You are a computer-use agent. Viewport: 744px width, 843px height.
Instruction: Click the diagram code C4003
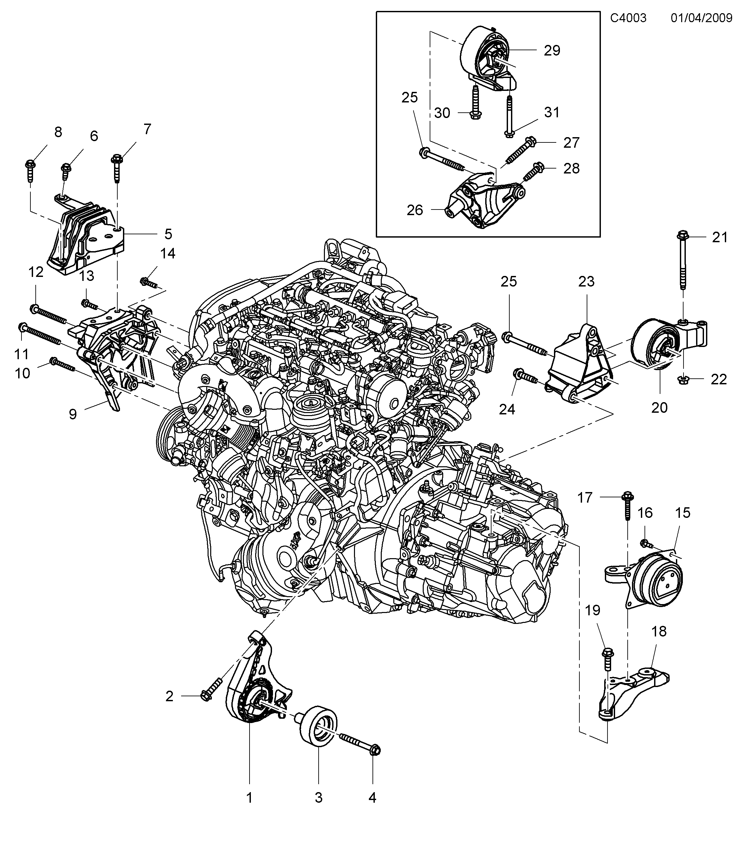click(x=628, y=18)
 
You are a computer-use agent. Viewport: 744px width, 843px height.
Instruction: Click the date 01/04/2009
click(x=701, y=18)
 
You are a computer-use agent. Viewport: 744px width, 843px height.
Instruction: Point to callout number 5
click(x=168, y=234)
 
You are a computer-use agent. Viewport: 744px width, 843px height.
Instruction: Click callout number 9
click(x=73, y=414)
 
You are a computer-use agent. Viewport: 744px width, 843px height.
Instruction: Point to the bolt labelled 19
click(x=608, y=664)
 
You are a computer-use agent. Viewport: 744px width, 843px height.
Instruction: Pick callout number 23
click(x=586, y=281)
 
